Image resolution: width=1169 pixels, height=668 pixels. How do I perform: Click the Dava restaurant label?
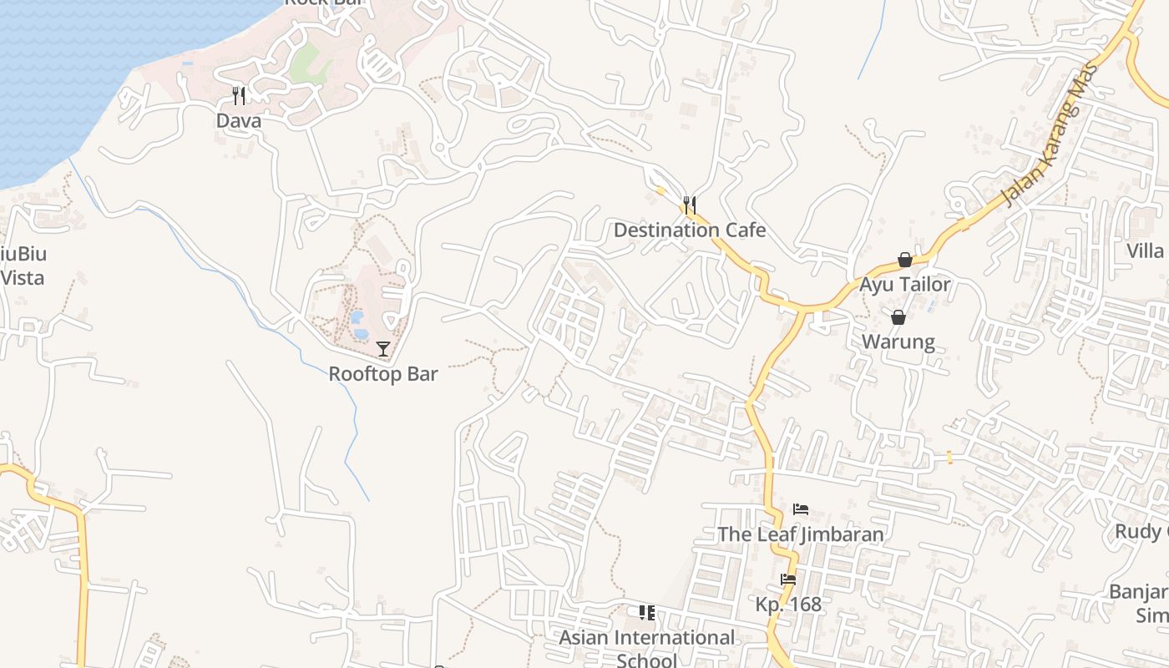pos(239,121)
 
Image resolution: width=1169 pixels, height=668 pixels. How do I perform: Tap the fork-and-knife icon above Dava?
pos(239,95)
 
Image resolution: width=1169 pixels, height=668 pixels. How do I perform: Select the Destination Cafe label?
pos(690,230)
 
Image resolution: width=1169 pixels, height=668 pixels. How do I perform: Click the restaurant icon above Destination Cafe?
pos(690,205)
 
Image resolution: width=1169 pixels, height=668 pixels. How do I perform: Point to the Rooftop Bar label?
pos(383,374)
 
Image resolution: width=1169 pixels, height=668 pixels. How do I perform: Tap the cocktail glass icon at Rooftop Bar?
pos(383,349)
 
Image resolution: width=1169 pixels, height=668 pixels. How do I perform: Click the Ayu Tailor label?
pos(905,285)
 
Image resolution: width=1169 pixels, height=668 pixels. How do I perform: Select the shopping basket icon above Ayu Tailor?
pos(905,261)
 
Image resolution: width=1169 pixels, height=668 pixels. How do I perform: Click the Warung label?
pos(898,342)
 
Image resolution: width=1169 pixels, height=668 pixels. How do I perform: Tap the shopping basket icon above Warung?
pos(898,317)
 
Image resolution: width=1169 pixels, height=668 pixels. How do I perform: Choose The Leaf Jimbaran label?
pos(801,534)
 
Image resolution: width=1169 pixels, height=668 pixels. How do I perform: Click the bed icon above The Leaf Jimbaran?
pos(801,509)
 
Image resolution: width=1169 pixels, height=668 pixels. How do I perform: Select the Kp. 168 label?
pos(788,605)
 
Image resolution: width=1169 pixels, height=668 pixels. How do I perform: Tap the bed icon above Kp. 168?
pos(788,579)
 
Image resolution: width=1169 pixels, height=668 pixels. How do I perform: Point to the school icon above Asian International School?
pos(647,614)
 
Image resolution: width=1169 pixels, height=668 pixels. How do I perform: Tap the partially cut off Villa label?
pos(1145,250)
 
